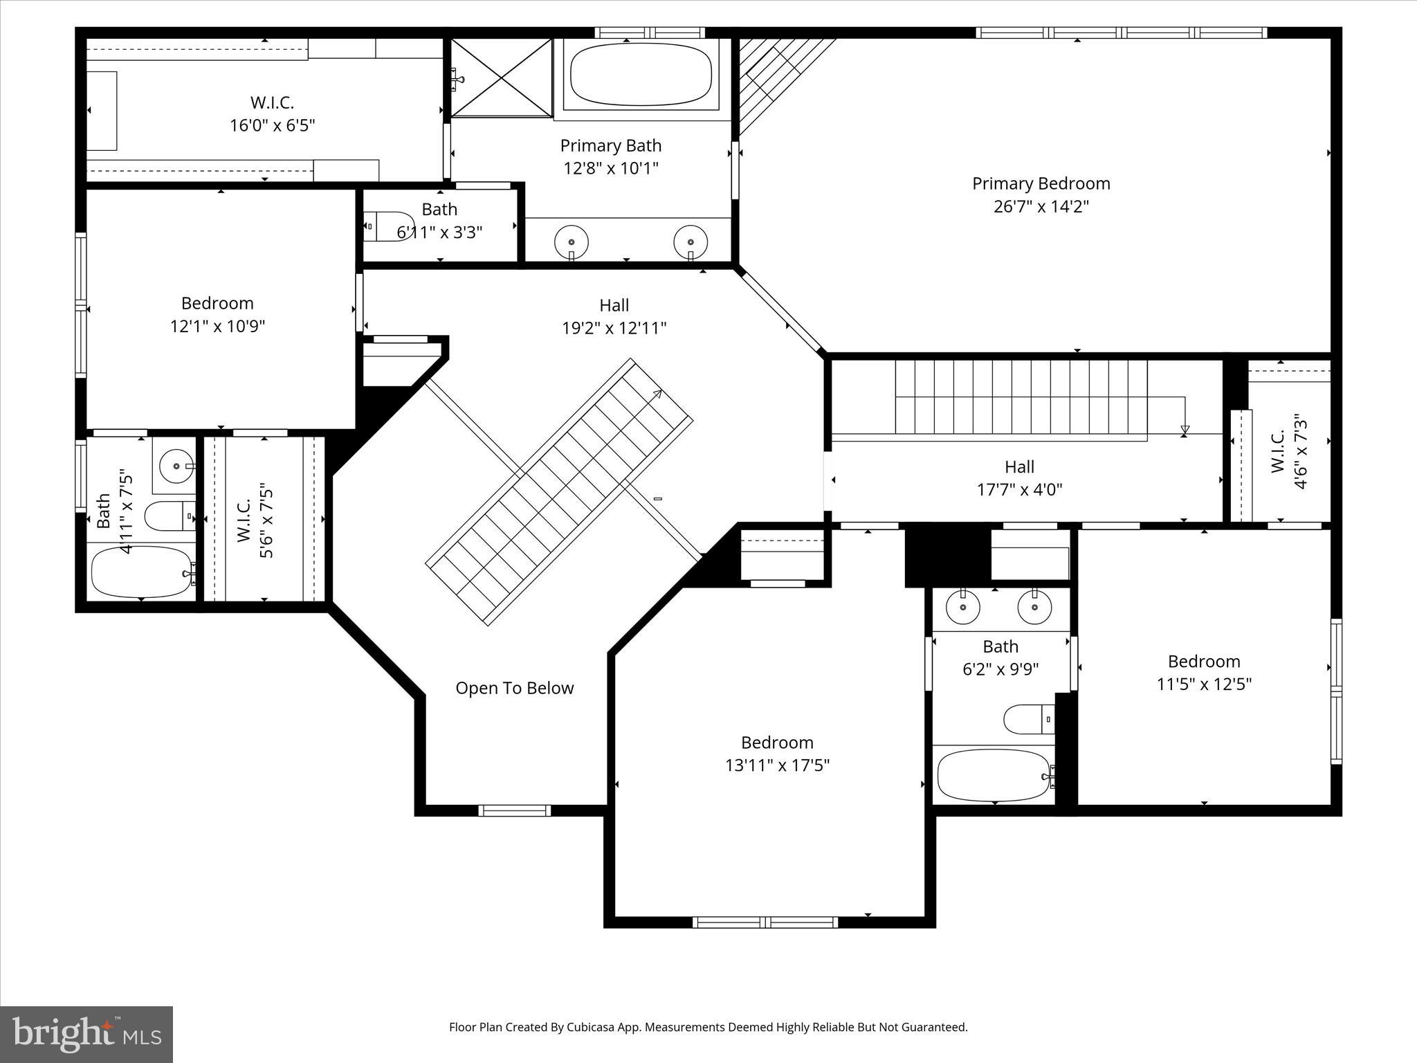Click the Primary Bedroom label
pos(1041,183)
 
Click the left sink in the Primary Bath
pos(572,242)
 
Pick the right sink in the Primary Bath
pos(691,242)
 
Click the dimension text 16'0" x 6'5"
pos(272,125)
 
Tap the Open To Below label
pos(514,688)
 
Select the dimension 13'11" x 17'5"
pos(777,765)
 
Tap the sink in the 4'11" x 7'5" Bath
pos(177,466)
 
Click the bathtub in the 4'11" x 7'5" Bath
pos(142,572)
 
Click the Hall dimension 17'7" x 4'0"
pos(1019,490)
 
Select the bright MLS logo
pos(86,1034)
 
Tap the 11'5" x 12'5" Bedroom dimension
pos(1204,684)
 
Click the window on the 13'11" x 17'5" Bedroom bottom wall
pos(765,922)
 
